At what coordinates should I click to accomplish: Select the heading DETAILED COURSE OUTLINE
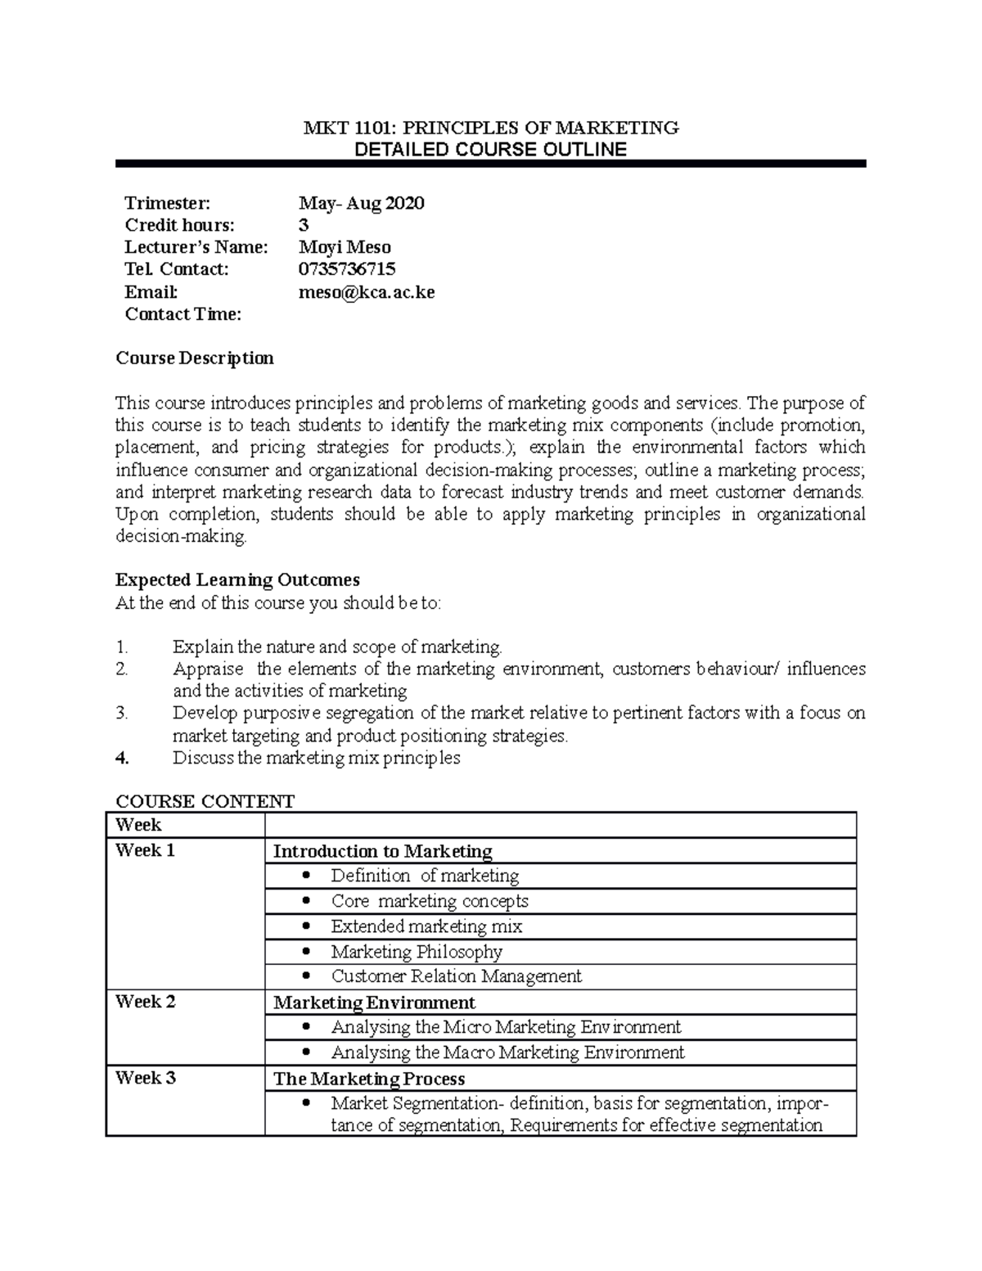(x=490, y=150)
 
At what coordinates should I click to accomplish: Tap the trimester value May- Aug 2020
(x=361, y=203)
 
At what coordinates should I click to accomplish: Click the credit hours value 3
(x=304, y=225)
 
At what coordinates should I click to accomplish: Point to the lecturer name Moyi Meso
(x=345, y=247)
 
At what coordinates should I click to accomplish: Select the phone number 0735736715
(x=347, y=269)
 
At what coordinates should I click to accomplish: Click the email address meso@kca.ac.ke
(x=367, y=292)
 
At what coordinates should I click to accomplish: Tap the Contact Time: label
(x=182, y=314)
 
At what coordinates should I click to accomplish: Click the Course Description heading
(x=195, y=358)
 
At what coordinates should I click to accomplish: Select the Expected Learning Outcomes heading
(x=237, y=580)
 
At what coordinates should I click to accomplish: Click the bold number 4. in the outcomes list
(x=123, y=758)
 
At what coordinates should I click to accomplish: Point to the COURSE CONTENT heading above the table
(x=205, y=801)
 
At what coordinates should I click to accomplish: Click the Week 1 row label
(x=145, y=850)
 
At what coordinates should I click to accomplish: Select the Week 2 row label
(x=145, y=1002)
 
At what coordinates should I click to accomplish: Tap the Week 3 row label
(x=145, y=1078)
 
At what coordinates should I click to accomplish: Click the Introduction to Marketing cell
(x=382, y=851)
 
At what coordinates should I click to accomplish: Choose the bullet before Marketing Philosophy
(x=307, y=952)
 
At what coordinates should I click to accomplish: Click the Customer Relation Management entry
(x=456, y=976)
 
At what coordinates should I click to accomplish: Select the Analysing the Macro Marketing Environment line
(x=507, y=1052)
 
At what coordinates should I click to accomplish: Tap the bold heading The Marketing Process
(x=369, y=1079)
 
